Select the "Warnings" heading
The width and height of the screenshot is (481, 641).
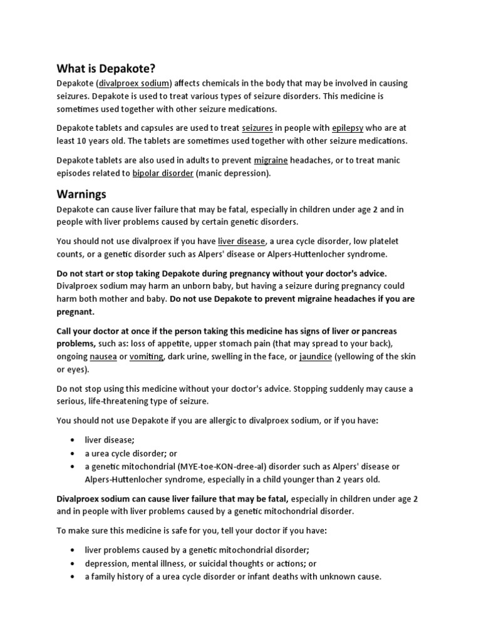81,194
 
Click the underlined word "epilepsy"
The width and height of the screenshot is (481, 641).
348,128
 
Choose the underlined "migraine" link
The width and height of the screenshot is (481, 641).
271,160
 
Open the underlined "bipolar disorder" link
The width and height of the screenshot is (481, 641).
163,173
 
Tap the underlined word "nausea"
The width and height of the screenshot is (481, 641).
103,356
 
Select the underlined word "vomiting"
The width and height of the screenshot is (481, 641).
146,356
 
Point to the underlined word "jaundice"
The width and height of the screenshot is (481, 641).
315,356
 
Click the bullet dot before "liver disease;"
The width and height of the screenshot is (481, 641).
73,441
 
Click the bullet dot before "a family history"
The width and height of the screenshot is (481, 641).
73,577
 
